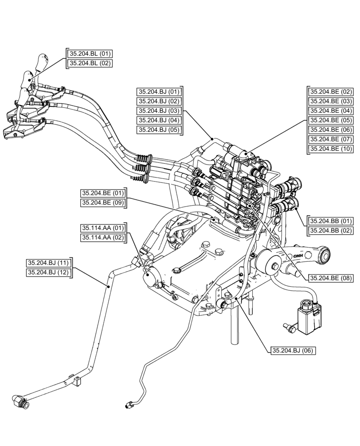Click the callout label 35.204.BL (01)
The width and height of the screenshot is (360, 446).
click(89, 54)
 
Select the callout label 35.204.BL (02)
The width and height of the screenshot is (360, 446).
click(89, 63)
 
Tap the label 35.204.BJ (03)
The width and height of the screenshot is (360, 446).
click(159, 111)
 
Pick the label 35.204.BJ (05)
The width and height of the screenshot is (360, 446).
click(159, 130)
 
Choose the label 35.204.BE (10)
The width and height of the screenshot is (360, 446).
click(331, 149)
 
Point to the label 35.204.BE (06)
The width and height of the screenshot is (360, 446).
click(331, 130)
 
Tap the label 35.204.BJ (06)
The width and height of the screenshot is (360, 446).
click(293, 351)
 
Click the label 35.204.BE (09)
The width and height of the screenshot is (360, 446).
click(102, 203)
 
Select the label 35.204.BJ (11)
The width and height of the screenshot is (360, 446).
click(49, 263)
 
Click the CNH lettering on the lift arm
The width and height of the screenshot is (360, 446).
click(297, 256)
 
